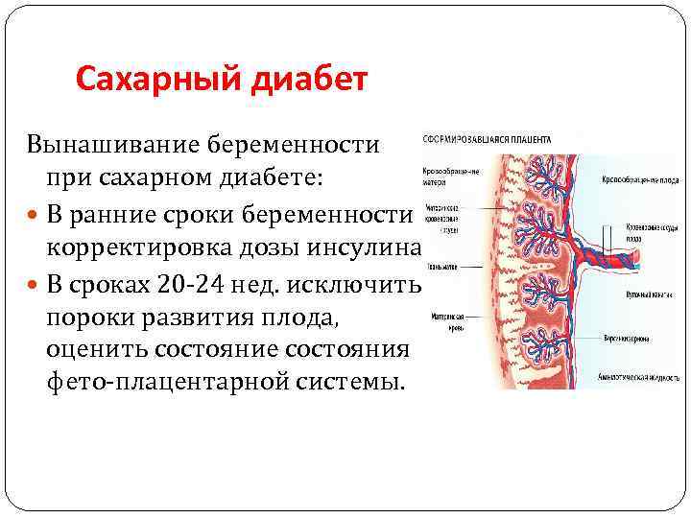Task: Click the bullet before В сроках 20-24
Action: point(35,283)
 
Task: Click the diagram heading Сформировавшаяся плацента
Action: point(487,139)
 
